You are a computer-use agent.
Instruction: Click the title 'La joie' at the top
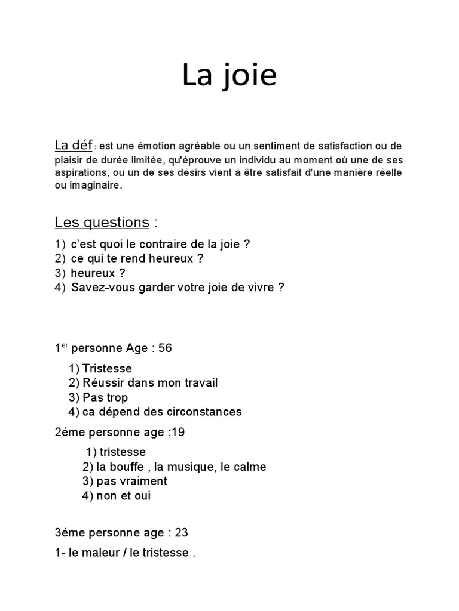[229, 76]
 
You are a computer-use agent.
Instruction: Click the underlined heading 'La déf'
[74, 145]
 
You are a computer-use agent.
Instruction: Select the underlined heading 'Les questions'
[102, 223]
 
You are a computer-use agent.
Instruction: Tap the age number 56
[165, 348]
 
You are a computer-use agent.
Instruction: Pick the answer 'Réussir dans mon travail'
[150, 383]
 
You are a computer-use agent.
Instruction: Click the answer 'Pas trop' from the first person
[105, 397]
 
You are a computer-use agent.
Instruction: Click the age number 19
[178, 433]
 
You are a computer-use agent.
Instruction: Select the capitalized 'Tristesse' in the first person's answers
[107, 369]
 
